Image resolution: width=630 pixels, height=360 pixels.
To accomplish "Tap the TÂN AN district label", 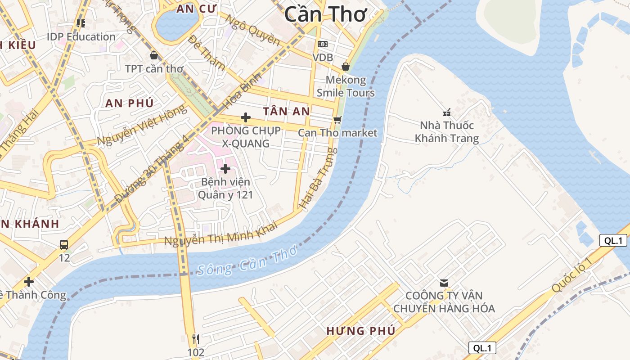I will (x=287, y=111).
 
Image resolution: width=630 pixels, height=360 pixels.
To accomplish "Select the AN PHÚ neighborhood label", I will (x=130, y=103).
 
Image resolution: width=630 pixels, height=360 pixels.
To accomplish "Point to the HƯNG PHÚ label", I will (x=361, y=331).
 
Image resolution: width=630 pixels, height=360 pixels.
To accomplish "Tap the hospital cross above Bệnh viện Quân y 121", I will (x=225, y=169).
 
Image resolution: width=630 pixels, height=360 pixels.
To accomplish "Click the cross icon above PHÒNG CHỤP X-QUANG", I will (x=246, y=117).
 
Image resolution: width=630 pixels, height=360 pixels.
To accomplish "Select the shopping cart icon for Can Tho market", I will (x=337, y=120).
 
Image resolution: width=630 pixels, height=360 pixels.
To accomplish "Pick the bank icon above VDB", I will (x=323, y=44).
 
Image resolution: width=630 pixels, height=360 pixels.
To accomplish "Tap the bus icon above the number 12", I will (x=64, y=245).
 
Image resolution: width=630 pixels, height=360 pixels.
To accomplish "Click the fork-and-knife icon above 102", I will (x=196, y=339).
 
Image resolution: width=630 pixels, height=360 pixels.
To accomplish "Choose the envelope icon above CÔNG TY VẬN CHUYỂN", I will (x=444, y=283).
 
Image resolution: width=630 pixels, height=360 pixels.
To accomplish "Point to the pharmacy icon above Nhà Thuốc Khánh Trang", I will (x=447, y=112).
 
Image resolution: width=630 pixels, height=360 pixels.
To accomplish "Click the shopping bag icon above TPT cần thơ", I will (x=154, y=55).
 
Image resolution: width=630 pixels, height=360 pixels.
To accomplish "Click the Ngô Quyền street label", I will (x=252, y=30).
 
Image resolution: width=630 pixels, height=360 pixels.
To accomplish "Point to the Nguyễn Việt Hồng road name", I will (x=141, y=126).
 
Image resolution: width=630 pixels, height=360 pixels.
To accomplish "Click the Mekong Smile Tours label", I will (x=346, y=86).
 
